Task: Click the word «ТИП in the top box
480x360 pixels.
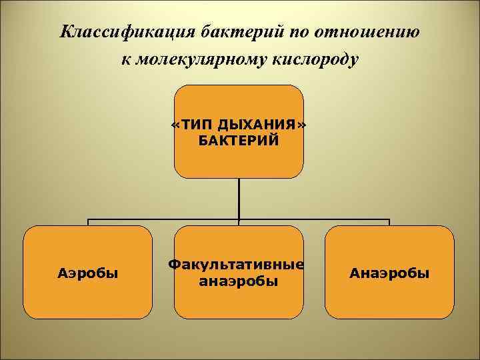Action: pos(192,125)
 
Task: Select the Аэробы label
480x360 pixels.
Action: pos(88,273)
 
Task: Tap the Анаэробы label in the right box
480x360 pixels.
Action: pos(390,273)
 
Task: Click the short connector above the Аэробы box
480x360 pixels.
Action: pos(88,223)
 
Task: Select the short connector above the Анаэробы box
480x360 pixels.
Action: pos(389,223)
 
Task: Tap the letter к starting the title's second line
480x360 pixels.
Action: pos(126,60)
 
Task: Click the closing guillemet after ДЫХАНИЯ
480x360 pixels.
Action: pos(303,125)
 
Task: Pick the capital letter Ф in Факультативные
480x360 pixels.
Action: pos(174,265)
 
